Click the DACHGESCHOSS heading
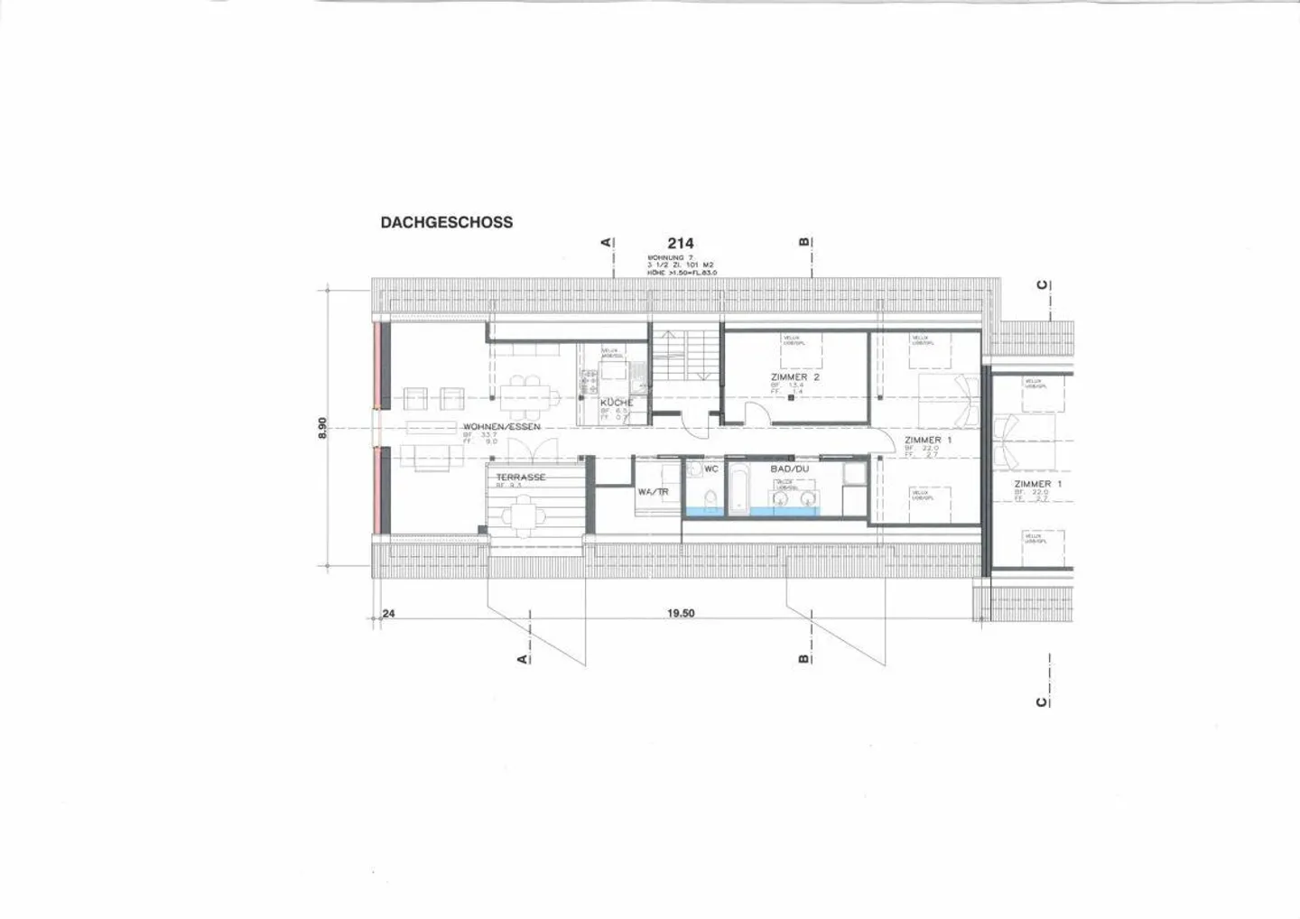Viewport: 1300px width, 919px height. coord(446,222)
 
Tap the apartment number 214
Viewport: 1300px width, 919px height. coord(680,243)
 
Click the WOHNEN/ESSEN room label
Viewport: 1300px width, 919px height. coord(501,426)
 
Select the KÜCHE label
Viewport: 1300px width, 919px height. coord(617,402)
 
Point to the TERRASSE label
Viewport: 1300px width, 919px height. coord(520,477)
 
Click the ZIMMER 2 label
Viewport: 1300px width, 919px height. coord(794,377)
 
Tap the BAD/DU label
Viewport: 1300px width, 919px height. coord(789,469)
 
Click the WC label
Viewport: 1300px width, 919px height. coord(711,469)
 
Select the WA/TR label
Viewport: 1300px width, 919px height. coord(653,492)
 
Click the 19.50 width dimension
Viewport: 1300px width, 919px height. coord(681,613)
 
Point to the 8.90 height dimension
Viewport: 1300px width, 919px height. coord(322,427)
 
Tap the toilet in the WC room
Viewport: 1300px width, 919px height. coord(710,498)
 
